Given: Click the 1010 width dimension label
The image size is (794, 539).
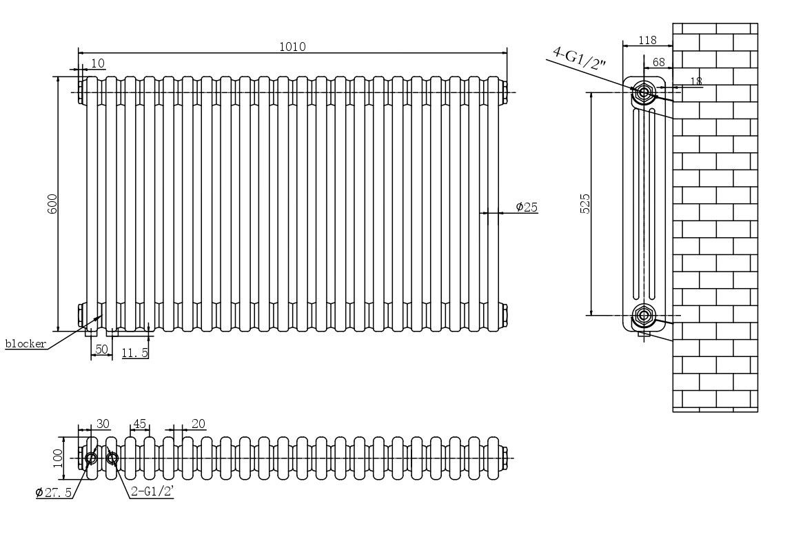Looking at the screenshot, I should pos(292,47).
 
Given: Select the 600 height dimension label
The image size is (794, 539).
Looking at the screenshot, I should pos(53,203).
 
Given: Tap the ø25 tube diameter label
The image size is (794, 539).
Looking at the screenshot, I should pos(527,207).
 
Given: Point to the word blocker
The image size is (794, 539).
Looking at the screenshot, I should pos(26,343).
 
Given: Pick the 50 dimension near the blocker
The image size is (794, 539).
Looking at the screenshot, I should pos(101,350).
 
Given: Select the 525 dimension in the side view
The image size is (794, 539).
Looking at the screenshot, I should pos(585,203).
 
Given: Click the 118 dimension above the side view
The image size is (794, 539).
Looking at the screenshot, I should pos(647,41).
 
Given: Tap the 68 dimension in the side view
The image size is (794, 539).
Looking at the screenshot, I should pos(658,62).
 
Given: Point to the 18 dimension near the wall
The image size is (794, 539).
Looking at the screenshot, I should pos(695,81).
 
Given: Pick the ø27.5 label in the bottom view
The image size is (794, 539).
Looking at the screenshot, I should pos(54,493).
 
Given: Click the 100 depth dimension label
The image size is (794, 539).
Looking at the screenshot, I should pos(57,457).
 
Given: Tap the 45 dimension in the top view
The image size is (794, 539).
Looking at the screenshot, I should pos(139,424).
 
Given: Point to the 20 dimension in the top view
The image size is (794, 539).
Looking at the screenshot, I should pos(198,424).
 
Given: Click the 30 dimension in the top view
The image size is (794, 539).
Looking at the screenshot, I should pos(103,424).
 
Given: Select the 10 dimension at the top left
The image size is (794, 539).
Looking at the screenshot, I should pos(97,63).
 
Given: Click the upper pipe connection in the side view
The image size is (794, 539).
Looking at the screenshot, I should pos(644,92).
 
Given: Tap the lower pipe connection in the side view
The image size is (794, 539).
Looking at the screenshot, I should pos(644,316).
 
